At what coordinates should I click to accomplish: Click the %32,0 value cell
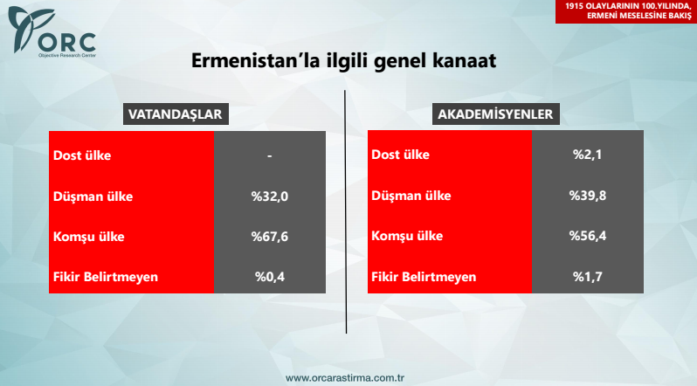pyautogui.click(x=270, y=196)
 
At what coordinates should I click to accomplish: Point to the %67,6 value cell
pyautogui.click(x=270, y=237)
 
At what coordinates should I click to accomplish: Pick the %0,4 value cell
pyautogui.click(x=270, y=277)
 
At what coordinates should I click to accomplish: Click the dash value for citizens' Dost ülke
pyautogui.click(x=270, y=155)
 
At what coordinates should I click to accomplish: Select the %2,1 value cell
pyautogui.click(x=588, y=155)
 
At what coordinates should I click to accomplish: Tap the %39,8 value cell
pyautogui.click(x=588, y=196)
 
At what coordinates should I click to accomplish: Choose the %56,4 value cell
pyautogui.click(x=588, y=237)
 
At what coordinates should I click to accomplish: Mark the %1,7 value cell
pyautogui.click(x=588, y=277)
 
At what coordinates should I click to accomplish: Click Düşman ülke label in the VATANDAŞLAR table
pyautogui.click(x=93, y=196)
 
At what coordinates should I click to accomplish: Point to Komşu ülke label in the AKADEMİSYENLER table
pyautogui.click(x=407, y=237)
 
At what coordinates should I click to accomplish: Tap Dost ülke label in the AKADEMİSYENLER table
pyautogui.click(x=401, y=155)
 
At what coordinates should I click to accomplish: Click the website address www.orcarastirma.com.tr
pyautogui.click(x=348, y=378)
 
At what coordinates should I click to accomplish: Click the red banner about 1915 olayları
pyautogui.click(x=626, y=11)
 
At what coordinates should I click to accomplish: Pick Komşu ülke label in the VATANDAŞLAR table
pyautogui.click(x=90, y=237)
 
